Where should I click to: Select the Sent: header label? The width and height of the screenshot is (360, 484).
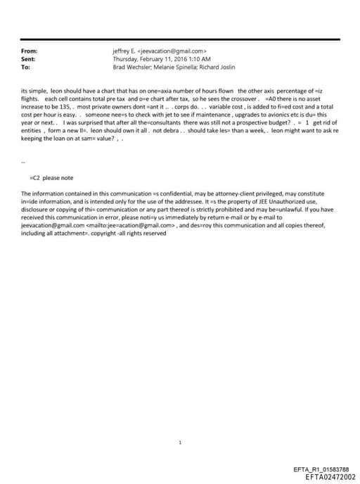click(30, 59)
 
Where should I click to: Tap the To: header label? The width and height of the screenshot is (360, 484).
click(26, 67)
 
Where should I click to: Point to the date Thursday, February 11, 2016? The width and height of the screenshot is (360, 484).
click(146, 59)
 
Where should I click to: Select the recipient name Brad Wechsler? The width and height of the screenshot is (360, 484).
click(132, 67)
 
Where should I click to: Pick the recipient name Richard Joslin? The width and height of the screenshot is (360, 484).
click(216, 67)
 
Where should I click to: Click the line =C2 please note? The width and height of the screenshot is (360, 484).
click(52, 178)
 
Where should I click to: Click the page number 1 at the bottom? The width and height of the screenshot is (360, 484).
click(180, 443)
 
